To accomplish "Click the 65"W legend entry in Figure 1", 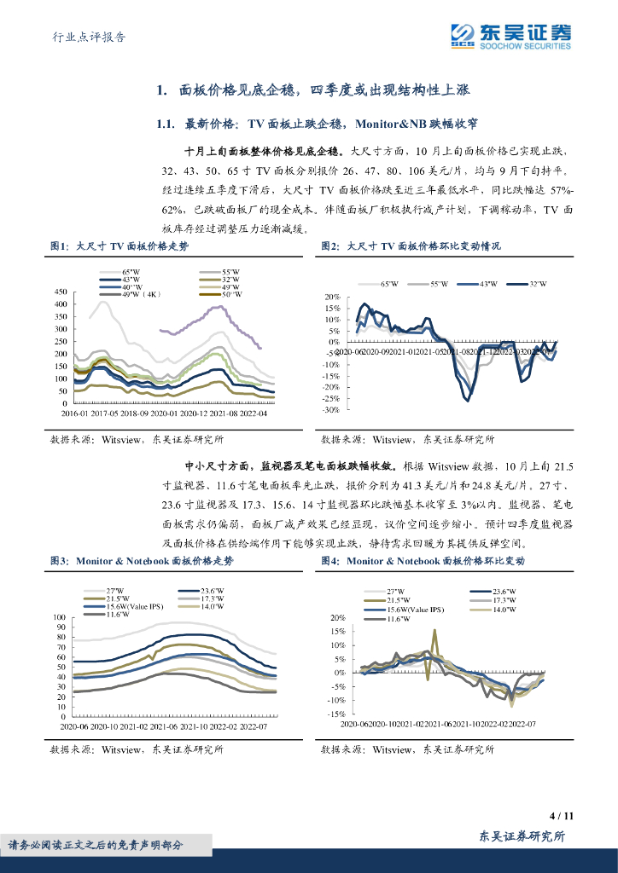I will (x=132, y=270).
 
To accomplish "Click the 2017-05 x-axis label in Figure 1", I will (x=109, y=413).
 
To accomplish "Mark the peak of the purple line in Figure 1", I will (x=223, y=307).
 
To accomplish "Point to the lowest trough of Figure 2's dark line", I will (x=467, y=399).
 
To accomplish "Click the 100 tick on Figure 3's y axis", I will (x=59, y=617).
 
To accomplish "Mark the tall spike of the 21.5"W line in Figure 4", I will (x=434, y=631).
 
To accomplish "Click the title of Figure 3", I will (x=141, y=561).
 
